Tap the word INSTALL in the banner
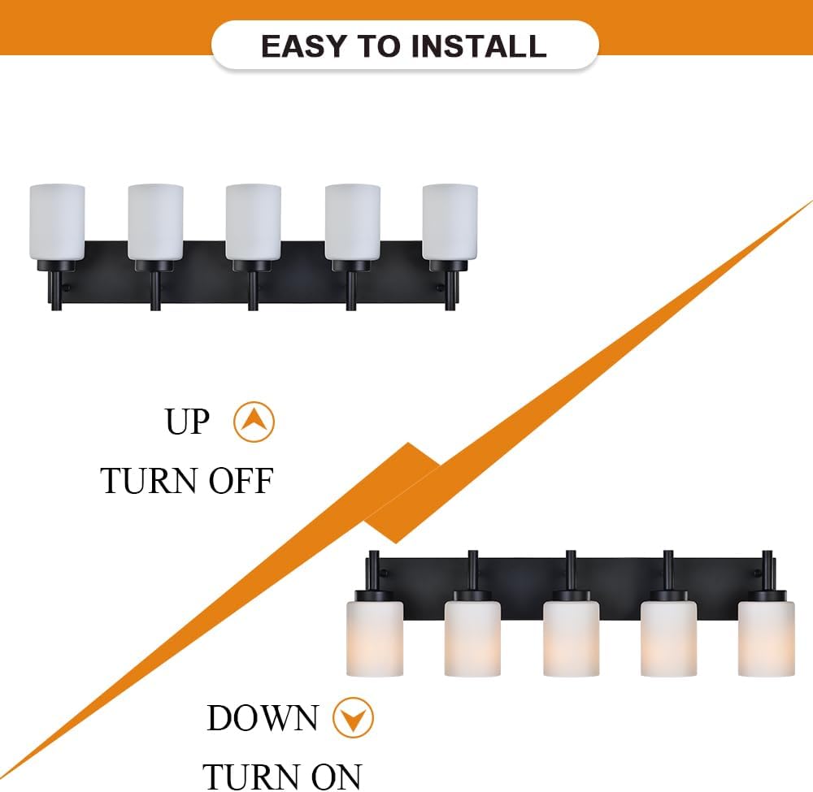tap(480, 46)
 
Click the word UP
tap(187, 422)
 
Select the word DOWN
tap(263, 719)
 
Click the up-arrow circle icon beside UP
tap(254, 422)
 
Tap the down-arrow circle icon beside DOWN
tap(353, 719)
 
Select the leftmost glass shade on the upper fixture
tap(57, 223)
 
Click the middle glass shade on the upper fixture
tap(254, 223)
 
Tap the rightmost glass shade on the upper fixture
tap(450, 223)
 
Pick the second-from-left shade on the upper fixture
tap(155, 223)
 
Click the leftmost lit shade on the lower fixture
tap(375, 638)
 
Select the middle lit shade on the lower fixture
tap(571, 638)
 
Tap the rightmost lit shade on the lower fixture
tap(767, 638)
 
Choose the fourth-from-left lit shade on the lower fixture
tap(668, 638)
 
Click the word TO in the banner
tap(378, 46)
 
